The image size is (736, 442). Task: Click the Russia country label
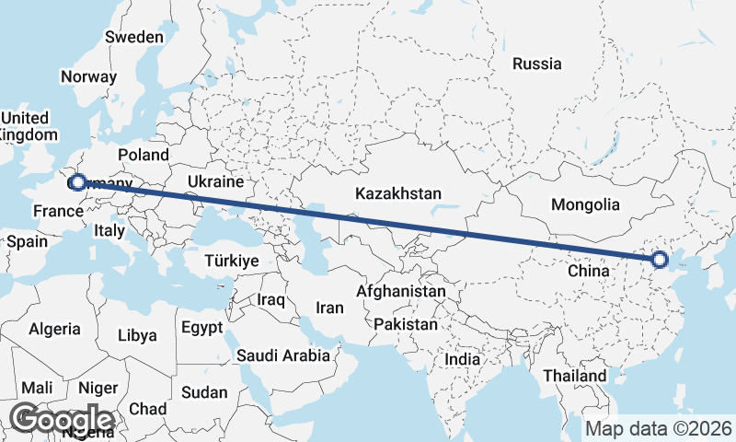coord(536,64)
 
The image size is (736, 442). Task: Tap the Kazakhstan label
coord(398,194)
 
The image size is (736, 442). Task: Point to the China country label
coord(588,272)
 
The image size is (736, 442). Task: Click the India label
coord(463,360)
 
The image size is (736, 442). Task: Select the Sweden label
coord(134,37)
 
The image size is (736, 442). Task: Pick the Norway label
coord(88,77)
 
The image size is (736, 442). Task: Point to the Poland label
coord(144,155)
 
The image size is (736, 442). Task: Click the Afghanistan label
coord(401,291)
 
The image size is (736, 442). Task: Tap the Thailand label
coord(574,376)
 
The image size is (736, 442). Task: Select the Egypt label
coord(201,327)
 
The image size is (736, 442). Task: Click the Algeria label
coord(54,329)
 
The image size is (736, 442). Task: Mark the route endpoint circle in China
coord(659,260)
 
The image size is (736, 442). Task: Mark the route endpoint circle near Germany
coord(77,182)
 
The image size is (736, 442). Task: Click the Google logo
coord(63,419)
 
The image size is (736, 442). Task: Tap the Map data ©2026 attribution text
coord(659,428)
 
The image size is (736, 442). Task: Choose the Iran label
coord(329,308)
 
